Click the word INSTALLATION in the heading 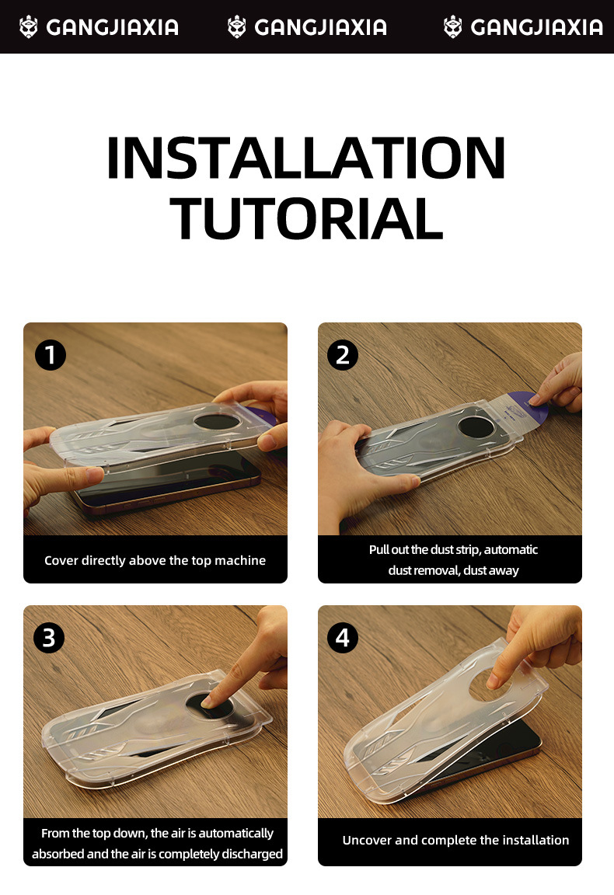306,158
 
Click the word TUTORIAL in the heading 307,218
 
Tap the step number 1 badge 51,355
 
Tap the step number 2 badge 343,355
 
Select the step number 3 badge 49,638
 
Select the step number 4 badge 343,638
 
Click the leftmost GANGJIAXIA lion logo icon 28,27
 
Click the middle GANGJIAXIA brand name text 320,27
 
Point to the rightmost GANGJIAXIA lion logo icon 453,27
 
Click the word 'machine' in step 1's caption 240,560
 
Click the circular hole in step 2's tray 476,427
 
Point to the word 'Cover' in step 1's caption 61,560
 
